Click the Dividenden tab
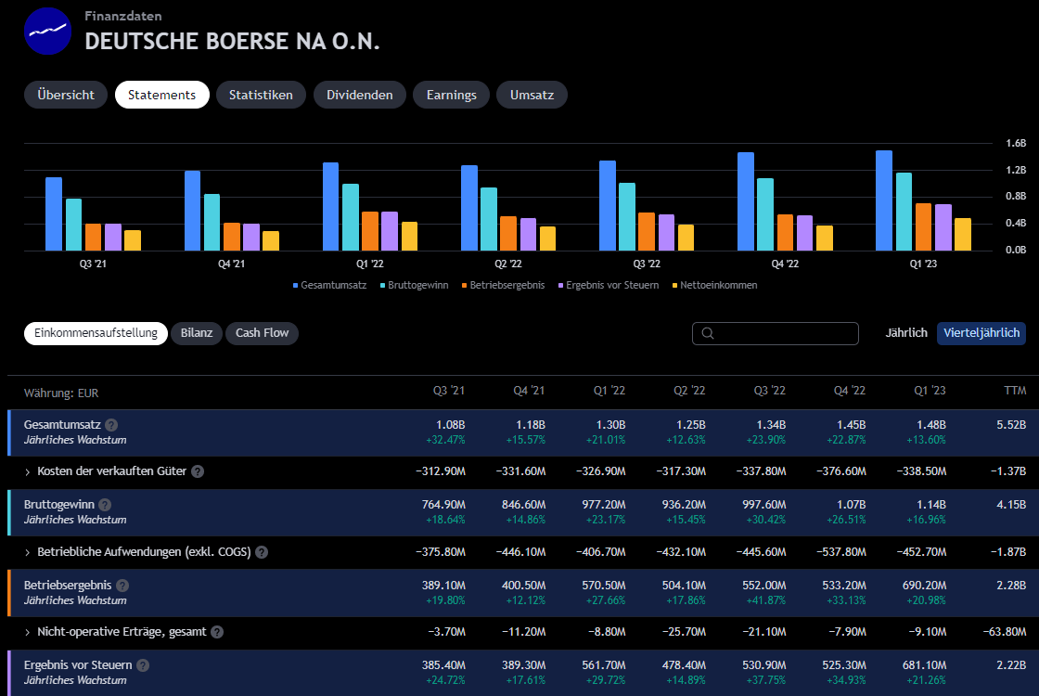tap(359, 95)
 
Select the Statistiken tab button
tap(261, 95)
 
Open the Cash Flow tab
tap(262, 333)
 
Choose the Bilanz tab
tap(197, 333)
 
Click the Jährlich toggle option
tap(906, 333)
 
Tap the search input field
tap(776, 333)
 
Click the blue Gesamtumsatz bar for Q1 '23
tap(884, 200)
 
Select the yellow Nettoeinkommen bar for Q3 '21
tap(133, 240)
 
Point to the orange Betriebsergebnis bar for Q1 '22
tap(370, 231)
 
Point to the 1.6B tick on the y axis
tap(1016, 144)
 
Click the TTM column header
tap(1015, 392)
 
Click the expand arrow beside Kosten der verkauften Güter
tap(28, 472)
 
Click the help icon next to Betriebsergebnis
tap(122, 586)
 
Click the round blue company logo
tap(49, 32)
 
